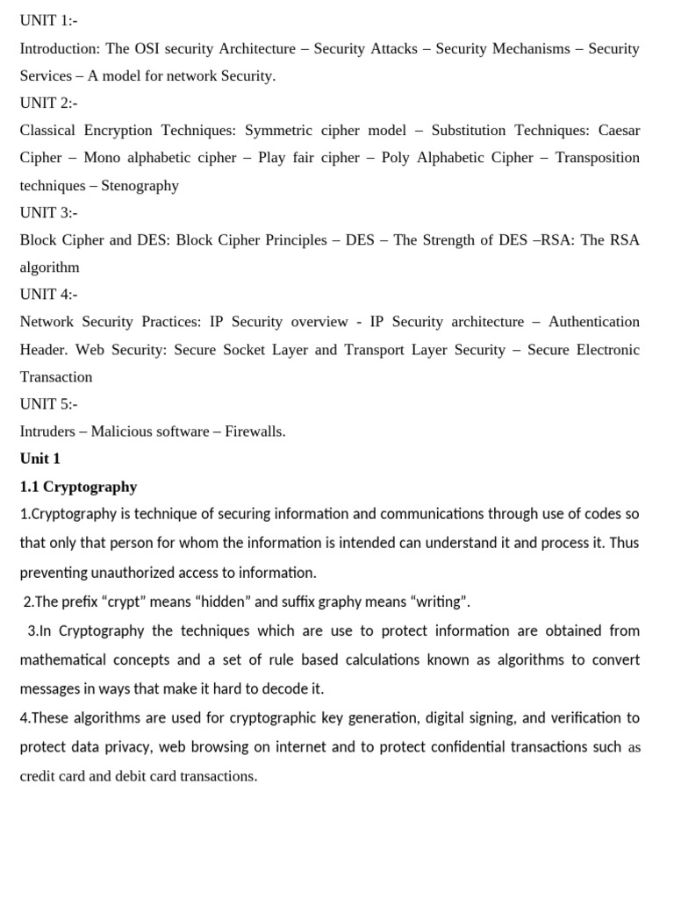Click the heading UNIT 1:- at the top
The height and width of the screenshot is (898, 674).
[x=48, y=20]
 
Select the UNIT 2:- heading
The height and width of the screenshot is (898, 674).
[x=48, y=103]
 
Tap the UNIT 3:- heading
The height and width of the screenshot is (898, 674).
[x=48, y=212]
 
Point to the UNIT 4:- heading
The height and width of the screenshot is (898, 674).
[x=48, y=295]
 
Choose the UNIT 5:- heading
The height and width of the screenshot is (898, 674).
[x=48, y=404]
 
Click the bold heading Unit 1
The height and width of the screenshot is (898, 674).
[x=39, y=459]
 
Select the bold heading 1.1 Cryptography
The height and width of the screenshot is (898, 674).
[x=78, y=487]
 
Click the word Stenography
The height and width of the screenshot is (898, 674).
[x=140, y=185]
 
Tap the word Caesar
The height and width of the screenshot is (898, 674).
[x=619, y=131]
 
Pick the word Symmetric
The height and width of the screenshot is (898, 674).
[x=277, y=131]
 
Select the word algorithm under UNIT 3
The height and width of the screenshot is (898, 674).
[x=49, y=267]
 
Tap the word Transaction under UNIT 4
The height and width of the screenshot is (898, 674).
[x=56, y=377]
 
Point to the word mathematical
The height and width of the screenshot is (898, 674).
[x=63, y=659]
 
